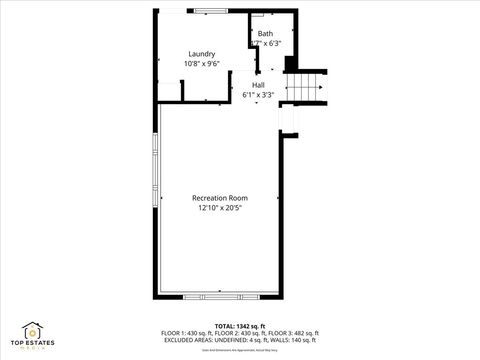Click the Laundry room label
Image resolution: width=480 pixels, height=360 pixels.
tap(203, 54)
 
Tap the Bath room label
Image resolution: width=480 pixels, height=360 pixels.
tap(265, 34)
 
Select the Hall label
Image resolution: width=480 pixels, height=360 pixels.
tap(258, 85)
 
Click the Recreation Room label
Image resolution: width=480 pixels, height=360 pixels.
tap(220, 198)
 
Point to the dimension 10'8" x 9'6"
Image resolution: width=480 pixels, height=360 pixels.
tap(203, 64)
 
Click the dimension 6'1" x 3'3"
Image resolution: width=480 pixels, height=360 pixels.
tap(258, 95)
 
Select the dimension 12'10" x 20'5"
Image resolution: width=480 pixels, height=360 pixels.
tap(220, 208)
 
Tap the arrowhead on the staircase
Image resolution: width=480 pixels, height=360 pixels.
tap(319, 88)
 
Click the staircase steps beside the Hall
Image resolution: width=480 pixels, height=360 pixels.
tap(306, 88)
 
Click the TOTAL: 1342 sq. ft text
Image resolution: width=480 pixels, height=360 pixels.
tap(238, 326)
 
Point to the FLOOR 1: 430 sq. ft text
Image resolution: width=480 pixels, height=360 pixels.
tap(186, 333)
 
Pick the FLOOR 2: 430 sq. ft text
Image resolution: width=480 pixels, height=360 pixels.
tap(238, 333)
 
